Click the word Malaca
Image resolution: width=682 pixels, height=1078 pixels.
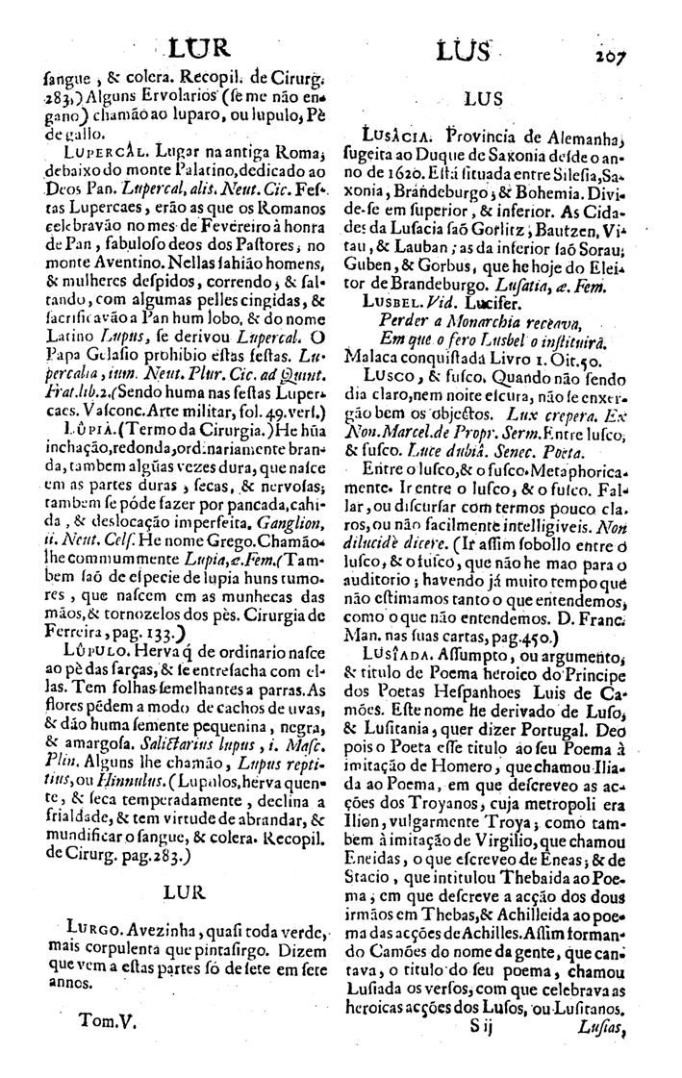coord(383,354)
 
